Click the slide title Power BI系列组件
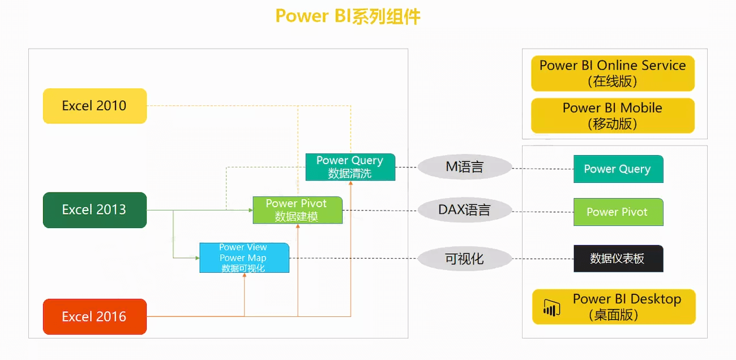[348, 16]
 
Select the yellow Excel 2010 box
[95, 106]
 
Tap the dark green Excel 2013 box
[95, 210]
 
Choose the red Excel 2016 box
[95, 316]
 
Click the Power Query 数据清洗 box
[350, 167]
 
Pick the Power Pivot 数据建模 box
[298, 210]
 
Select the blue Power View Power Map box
[245, 258]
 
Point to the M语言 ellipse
[465, 167]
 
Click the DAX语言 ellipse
[465, 210]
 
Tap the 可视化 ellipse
[465, 259]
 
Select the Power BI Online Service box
[613, 73]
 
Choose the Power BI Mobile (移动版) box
[613, 115]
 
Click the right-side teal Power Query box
[618, 169]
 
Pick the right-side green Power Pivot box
[618, 212]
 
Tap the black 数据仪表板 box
[618, 259]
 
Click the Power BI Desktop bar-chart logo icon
[551, 308]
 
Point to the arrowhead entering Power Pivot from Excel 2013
[251, 210]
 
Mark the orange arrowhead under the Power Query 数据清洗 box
[350, 183]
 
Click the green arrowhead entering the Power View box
[198, 258]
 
